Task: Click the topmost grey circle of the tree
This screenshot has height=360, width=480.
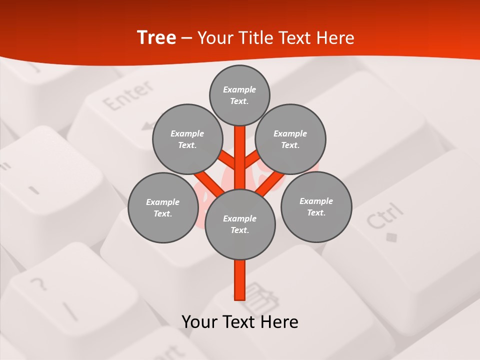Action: pyautogui.click(x=239, y=95)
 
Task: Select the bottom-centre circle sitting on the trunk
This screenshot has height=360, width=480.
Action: pyautogui.click(x=240, y=224)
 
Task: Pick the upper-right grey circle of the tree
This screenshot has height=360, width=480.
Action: pyautogui.click(x=290, y=139)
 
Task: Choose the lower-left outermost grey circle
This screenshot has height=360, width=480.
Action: pyautogui.click(x=163, y=207)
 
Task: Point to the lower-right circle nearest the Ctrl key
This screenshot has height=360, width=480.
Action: pyautogui.click(x=316, y=206)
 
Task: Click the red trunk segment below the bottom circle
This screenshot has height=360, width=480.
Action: pyautogui.click(x=240, y=280)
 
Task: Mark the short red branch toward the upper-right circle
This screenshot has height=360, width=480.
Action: pyautogui.click(x=253, y=159)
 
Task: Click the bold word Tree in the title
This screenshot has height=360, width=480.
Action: pyautogui.click(x=156, y=37)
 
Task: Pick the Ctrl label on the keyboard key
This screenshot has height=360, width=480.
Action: pyautogui.click(x=384, y=216)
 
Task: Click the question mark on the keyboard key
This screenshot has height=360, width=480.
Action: pyautogui.click(x=38, y=284)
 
